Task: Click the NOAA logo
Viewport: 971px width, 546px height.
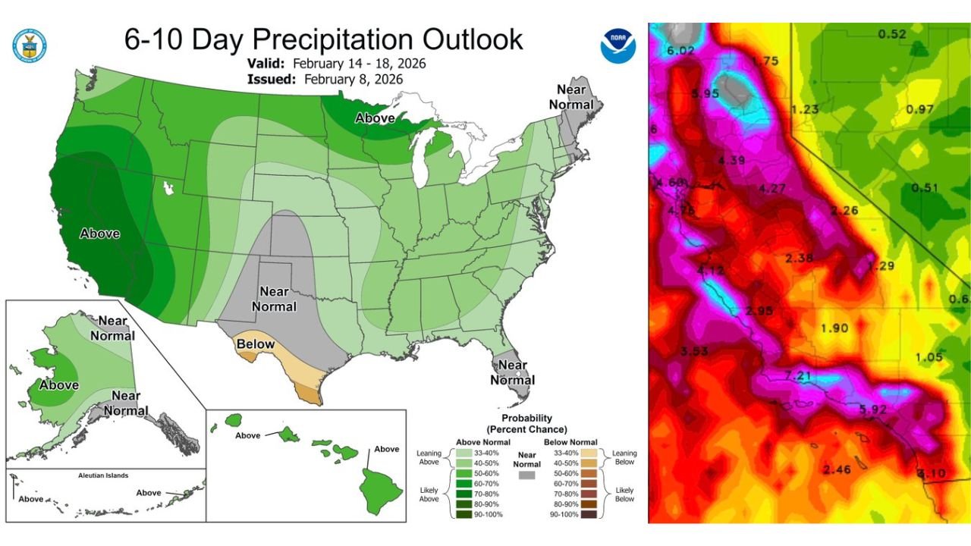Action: pos(618,45)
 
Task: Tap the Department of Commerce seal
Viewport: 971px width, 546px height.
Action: pos(30,45)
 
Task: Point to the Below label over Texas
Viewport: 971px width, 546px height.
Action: pos(256,344)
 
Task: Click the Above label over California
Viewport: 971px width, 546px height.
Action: pos(99,233)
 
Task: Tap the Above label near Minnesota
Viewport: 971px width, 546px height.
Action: pos(376,118)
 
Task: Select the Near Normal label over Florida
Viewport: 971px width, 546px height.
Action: pos(513,372)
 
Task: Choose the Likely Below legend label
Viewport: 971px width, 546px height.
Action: pos(626,494)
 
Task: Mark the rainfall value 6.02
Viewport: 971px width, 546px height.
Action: pos(680,51)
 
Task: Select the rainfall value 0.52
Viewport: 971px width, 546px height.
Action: pos(892,34)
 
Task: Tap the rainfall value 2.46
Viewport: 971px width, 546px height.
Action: pos(837,470)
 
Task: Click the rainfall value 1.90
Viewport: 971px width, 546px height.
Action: pos(834,328)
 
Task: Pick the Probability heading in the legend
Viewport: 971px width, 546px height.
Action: pos(526,418)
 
